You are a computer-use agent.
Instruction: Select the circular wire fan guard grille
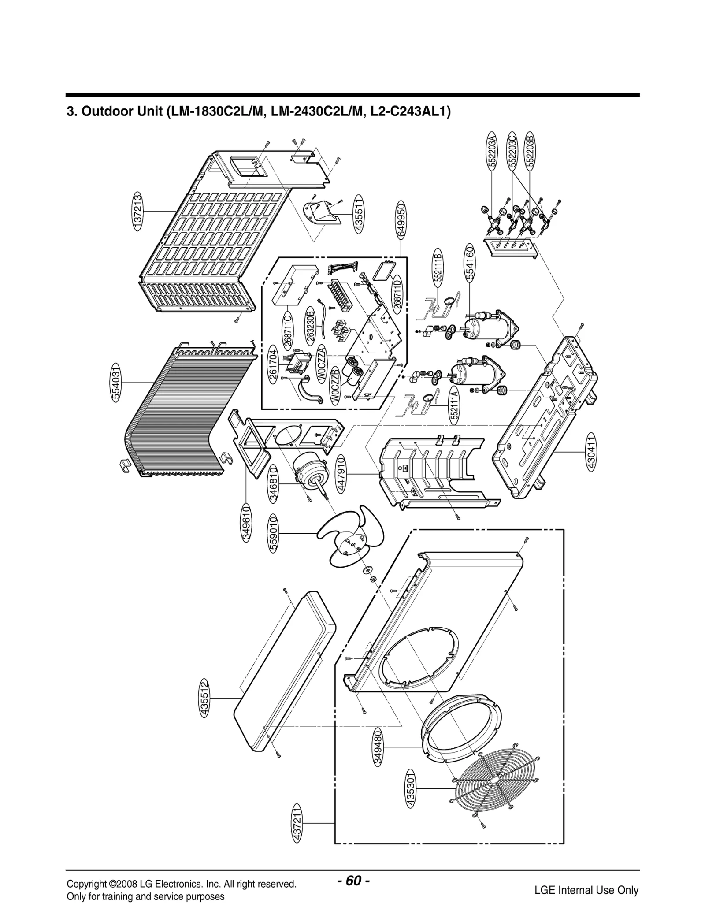tap(494, 790)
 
